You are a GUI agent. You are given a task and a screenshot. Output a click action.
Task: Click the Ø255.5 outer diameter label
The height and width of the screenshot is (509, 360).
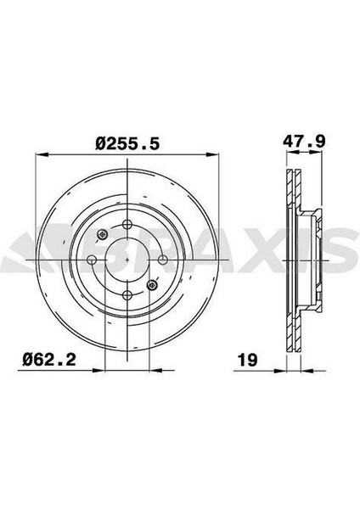tap(128, 145)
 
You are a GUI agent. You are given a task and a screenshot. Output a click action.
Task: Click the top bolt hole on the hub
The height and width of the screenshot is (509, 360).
tap(127, 225)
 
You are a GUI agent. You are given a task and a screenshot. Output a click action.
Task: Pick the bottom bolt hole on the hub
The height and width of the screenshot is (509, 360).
tap(127, 295)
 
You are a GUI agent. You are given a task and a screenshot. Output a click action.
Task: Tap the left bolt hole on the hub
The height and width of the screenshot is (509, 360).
tap(92, 260)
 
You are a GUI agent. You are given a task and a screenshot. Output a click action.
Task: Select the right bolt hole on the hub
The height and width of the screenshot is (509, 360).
tap(162, 260)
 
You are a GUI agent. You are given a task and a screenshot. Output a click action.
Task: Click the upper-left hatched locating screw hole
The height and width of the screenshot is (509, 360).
tap(103, 235)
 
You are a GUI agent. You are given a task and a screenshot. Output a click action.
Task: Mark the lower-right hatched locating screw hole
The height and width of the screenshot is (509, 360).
tap(153, 285)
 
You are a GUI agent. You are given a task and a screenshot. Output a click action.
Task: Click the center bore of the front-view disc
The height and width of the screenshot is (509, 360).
tap(127, 260)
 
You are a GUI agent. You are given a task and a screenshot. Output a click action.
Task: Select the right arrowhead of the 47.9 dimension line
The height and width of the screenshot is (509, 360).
tap(322, 156)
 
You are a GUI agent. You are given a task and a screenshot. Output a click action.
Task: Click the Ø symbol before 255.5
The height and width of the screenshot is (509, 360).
tap(101, 145)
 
